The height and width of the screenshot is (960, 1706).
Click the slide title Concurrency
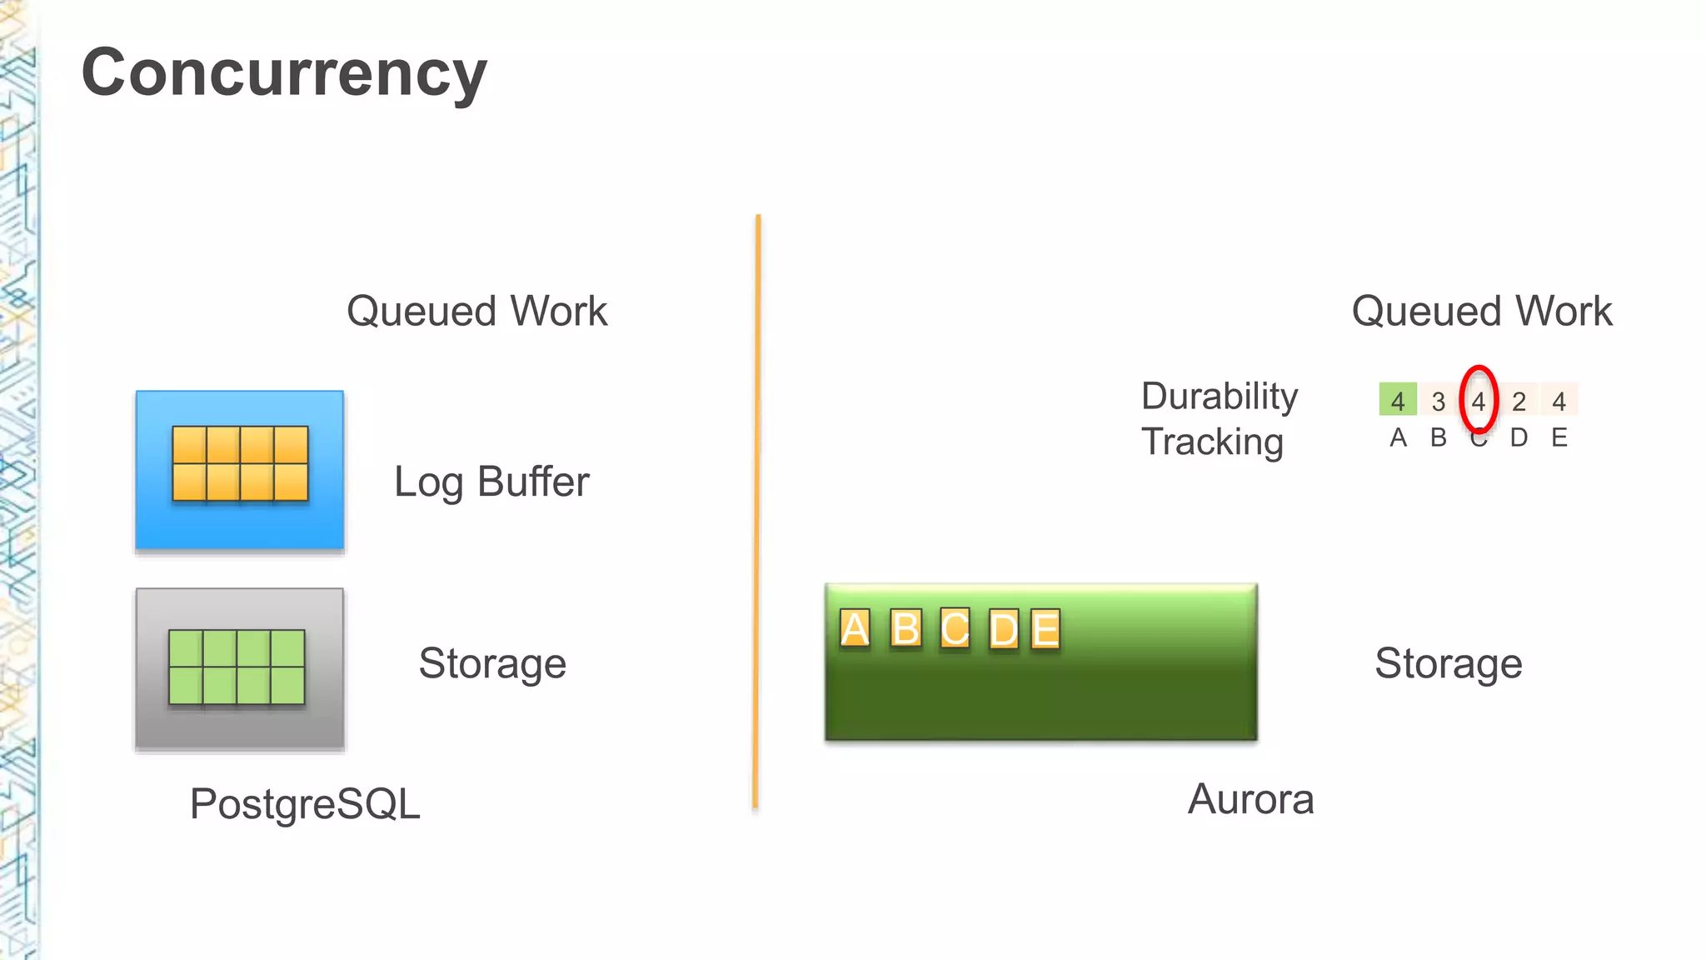[x=283, y=73]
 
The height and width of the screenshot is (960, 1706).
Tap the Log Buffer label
[x=491, y=482]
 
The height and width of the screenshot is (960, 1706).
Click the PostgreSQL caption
[x=305, y=804]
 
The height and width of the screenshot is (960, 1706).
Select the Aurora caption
[x=1250, y=799]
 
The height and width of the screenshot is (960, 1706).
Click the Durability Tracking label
[x=1219, y=418]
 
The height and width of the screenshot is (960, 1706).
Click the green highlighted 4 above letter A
[x=1398, y=401]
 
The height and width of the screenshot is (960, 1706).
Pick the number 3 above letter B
[x=1439, y=402]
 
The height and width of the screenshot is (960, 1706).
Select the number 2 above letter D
[x=1519, y=402]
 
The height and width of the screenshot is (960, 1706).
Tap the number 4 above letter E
[x=1559, y=402]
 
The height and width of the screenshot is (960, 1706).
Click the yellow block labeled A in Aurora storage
[x=855, y=629]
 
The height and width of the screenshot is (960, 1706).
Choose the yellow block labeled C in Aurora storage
[x=955, y=629]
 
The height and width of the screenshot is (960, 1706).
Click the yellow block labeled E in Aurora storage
[x=1045, y=629]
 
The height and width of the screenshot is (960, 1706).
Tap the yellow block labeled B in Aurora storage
[x=905, y=629]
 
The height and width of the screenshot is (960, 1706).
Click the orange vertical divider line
[x=757, y=512]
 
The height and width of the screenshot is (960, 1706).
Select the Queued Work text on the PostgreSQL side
[x=476, y=311]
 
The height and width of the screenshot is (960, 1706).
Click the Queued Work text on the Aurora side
[x=1481, y=311]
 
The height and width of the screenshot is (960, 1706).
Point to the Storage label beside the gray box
[x=492, y=663]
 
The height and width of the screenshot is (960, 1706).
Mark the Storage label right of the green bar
[x=1448, y=663]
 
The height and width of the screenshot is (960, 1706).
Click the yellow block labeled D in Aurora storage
[x=1004, y=629]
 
